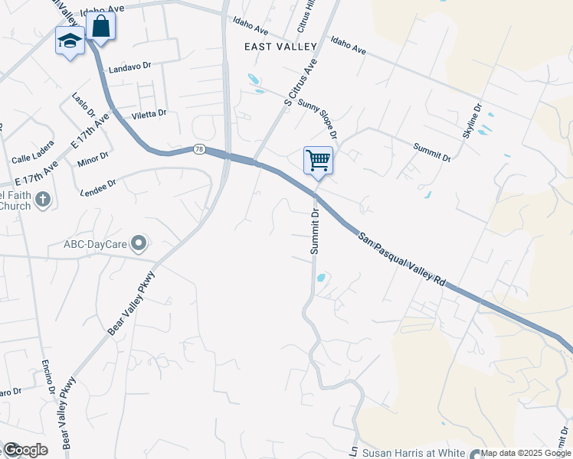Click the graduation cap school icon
click(x=70, y=41)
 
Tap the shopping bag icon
click(x=100, y=26)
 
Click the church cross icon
click(x=43, y=200)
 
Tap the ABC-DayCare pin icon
click(x=139, y=244)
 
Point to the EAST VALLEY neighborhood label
click(x=280, y=47)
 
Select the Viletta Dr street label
click(x=149, y=114)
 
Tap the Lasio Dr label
click(x=83, y=104)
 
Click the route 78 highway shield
click(x=199, y=148)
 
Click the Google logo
click(x=25, y=450)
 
